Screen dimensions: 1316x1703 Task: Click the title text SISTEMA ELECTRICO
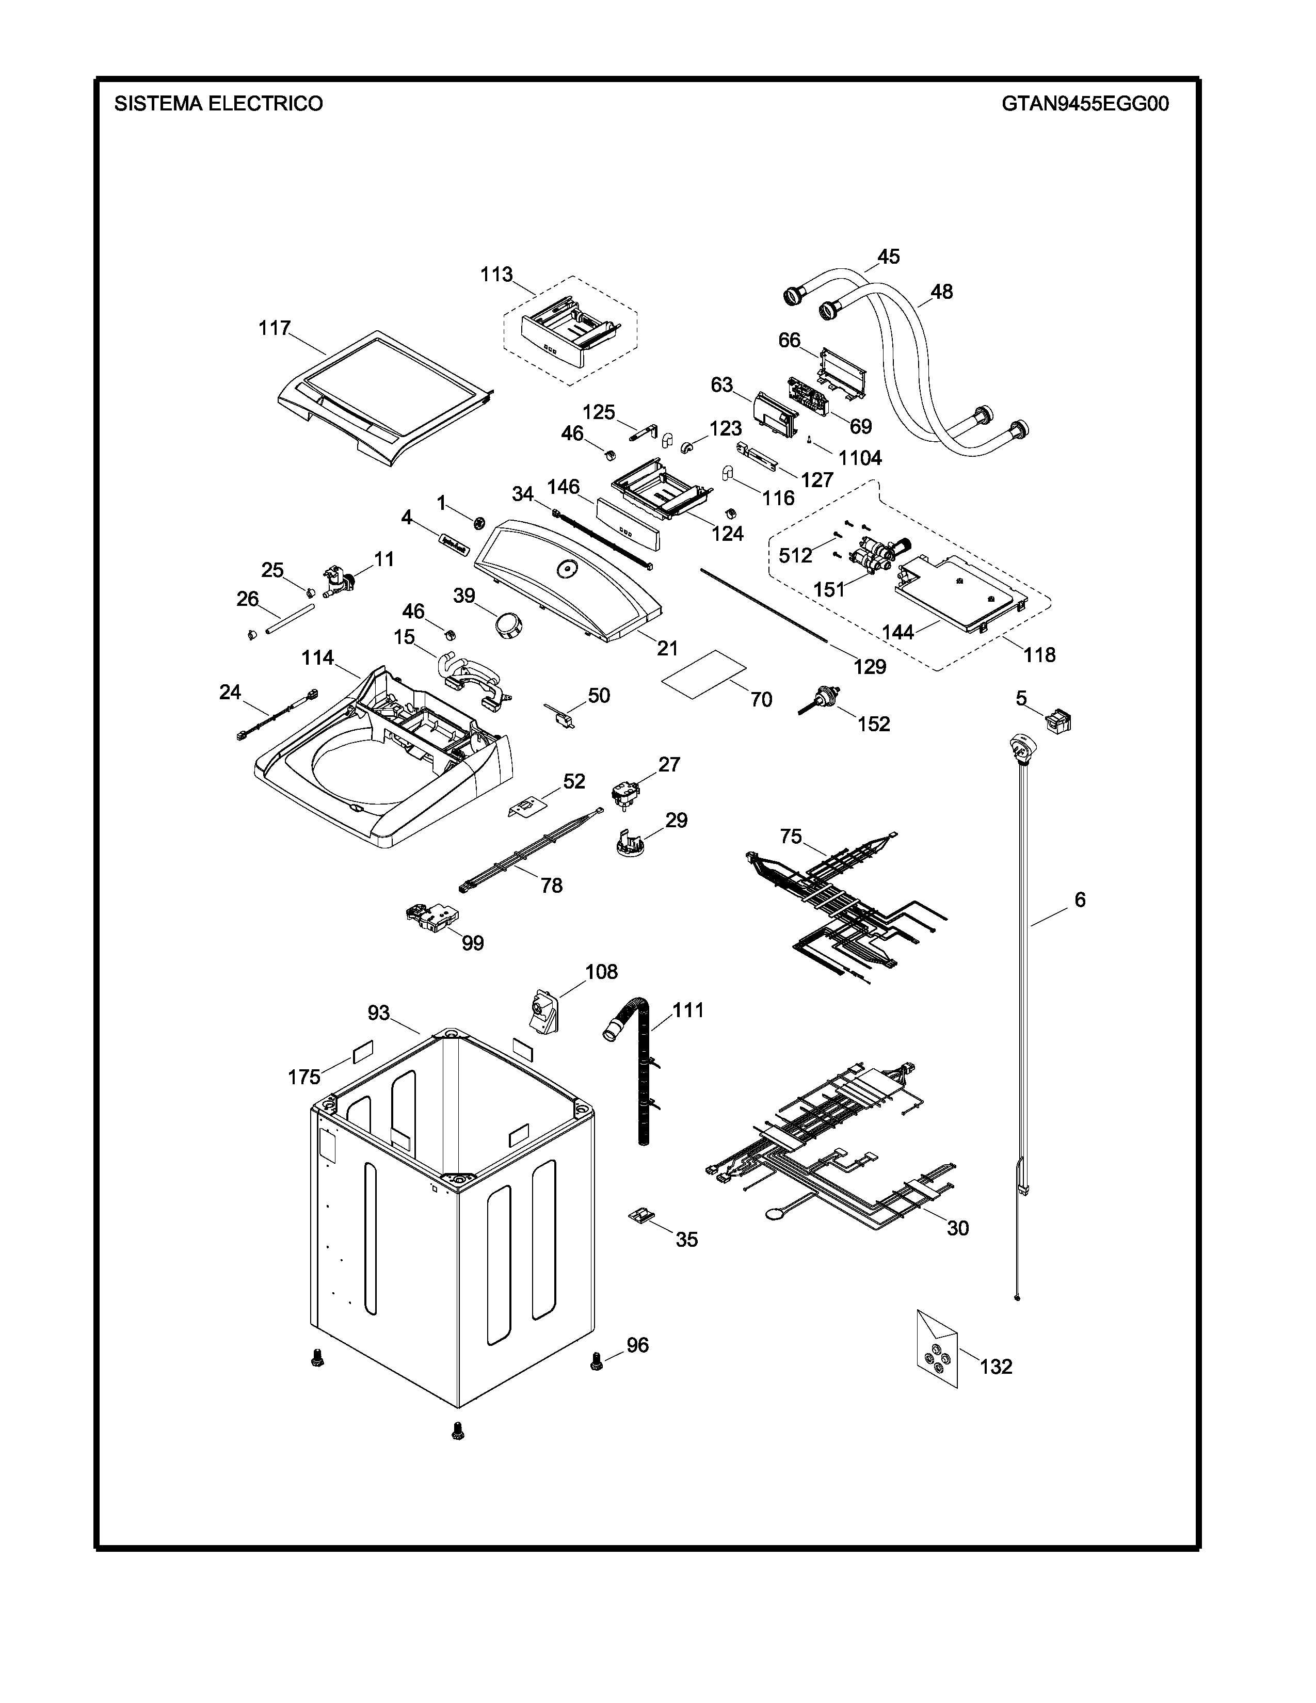pos(218,104)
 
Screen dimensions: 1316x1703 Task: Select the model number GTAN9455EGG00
pos(1085,104)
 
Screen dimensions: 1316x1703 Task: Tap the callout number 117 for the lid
pos(275,328)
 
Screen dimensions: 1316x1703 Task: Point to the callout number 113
pos(496,275)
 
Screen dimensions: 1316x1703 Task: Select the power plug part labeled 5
pos(1058,719)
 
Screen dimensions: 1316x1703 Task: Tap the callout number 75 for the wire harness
pos(791,837)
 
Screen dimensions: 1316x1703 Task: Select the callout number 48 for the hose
pos(942,292)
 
